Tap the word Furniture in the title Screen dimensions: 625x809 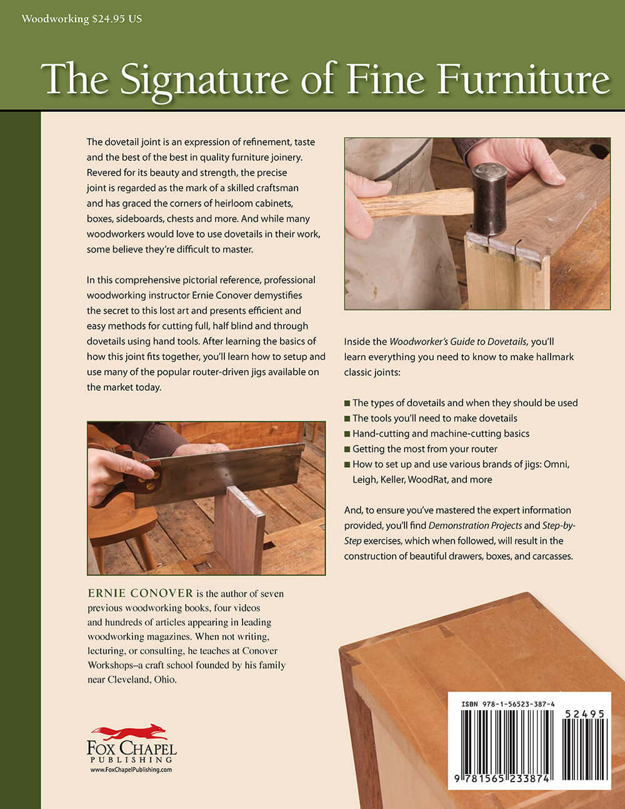[x=524, y=80]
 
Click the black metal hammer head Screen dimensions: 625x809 [x=489, y=199]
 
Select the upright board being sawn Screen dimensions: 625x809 [x=241, y=531]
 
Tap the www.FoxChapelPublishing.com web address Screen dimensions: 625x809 [x=131, y=770]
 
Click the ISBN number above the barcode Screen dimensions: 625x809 [x=507, y=704]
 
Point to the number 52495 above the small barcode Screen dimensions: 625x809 [x=584, y=713]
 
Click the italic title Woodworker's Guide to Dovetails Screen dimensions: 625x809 [x=459, y=341]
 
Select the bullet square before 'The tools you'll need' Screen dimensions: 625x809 [x=347, y=418]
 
